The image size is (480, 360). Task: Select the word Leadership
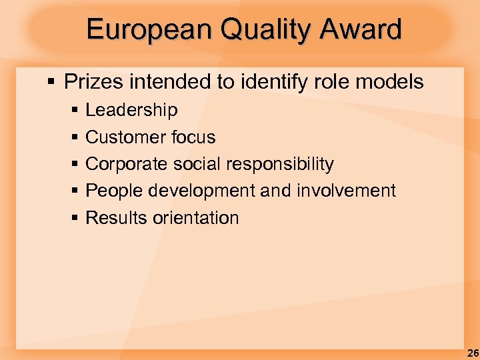point(131,110)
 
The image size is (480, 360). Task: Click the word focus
point(193,137)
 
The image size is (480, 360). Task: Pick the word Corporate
point(127,164)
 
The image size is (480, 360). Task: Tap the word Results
point(115,218)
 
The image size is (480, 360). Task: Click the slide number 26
point(472,351)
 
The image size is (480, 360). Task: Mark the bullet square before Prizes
point(51,83)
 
